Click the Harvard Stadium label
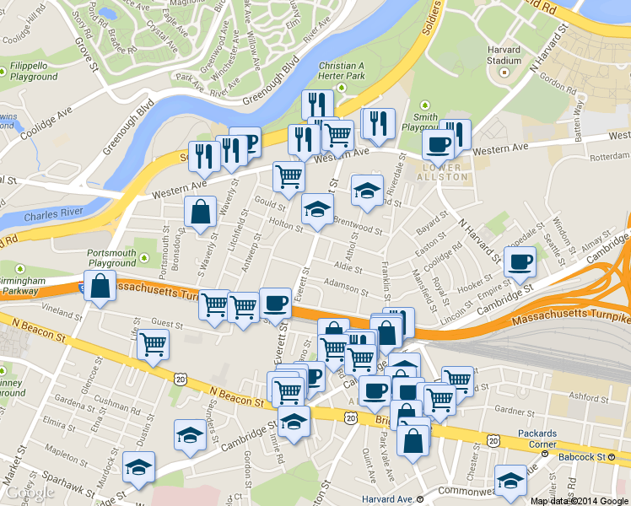coord(504,55)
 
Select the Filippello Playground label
coord(35,72)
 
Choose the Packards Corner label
coord(537,439)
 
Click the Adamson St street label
coord(342,287)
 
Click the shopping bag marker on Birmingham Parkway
coord(100,286)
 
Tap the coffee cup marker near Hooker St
coord(520,261)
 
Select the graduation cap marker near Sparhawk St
coord(138,466)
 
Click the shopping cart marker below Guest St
coord(154,344)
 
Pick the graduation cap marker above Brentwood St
coord(367,190)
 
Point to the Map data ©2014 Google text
coord(580,500)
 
